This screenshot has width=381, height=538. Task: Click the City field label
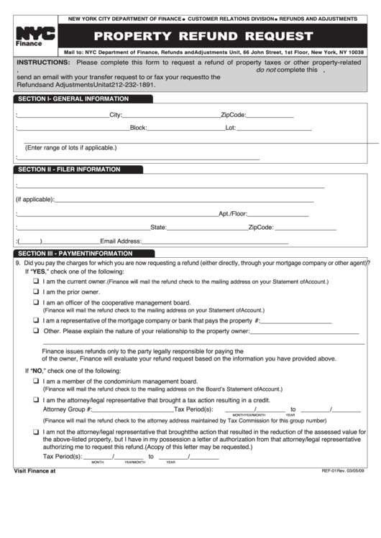pyautogui.click(x=116, y=115)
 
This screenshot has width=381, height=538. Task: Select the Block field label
pyautogui.click(x=138, y=129)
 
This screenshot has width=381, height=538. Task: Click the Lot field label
pyautogui.click(x=231, y=129)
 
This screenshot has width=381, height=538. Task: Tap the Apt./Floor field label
pyautogui.click(x=233, y=213)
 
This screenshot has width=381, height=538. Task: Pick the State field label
pyautogui.click(x=158, y=228)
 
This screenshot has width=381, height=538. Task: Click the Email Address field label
pyautogui.click(x=121, y=241)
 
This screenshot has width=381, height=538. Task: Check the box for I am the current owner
pyautogui.click(x=35, y=282)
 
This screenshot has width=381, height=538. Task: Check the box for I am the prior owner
pyautogui.click(x=35, y=292)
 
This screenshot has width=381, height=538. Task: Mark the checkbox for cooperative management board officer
pyautogui.click(x=35, y=303)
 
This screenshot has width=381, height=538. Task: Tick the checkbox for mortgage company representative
pyautogui.click(x=35, y=321)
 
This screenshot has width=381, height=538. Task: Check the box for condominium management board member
pyautogui.click(x=35, y=381)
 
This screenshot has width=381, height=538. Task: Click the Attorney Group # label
pyautogui.click(x=68, y=409)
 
